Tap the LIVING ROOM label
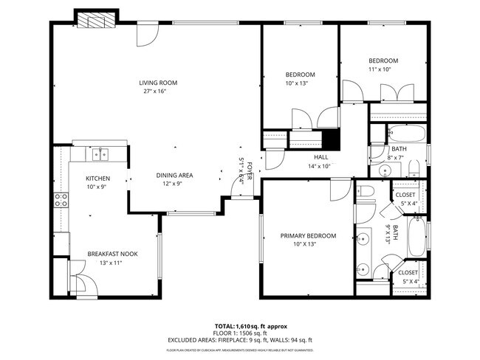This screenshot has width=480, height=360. pos(158,83)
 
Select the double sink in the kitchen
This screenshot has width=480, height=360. pos(99,154)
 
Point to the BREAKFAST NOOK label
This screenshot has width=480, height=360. pos(112,254)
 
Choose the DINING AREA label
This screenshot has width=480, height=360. pos(174,176)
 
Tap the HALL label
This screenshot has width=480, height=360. pos(320,157)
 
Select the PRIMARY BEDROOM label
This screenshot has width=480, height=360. pos(308,236)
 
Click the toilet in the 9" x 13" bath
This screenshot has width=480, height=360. pos(367,193)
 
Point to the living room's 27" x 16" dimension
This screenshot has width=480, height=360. pos(155,91)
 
